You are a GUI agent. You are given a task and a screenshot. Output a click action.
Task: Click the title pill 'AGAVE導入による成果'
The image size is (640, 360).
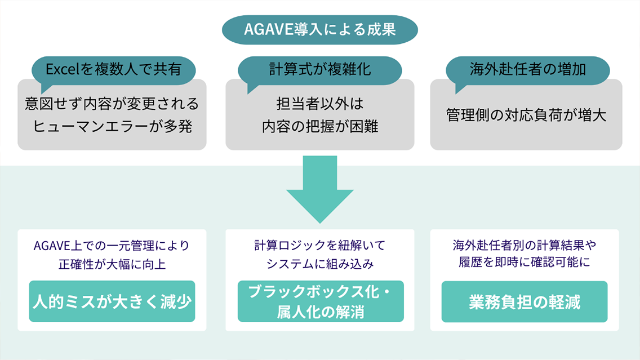pos(319,29)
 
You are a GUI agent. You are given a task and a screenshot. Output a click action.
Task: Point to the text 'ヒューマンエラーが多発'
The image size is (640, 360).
pos(112,126)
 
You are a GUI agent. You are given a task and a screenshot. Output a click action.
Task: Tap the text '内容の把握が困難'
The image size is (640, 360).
pos(319,126)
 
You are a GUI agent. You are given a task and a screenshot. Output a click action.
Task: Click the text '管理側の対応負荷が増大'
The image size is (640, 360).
pos(526,114)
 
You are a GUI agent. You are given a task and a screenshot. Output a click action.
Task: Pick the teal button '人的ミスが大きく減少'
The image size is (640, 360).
pos(112,301)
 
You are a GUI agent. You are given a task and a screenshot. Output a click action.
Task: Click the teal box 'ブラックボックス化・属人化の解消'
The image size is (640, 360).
pos(321,301)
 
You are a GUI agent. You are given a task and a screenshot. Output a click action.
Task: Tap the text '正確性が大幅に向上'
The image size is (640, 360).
pos(112,263)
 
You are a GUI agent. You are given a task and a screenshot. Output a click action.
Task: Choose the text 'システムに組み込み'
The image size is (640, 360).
pos(319,263)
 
